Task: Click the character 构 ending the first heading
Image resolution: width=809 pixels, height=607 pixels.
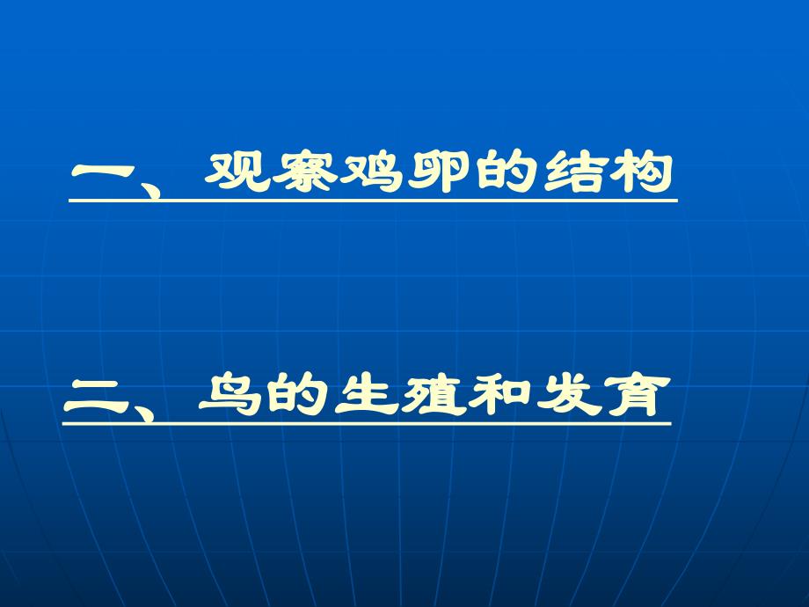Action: [x=645, y=172]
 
